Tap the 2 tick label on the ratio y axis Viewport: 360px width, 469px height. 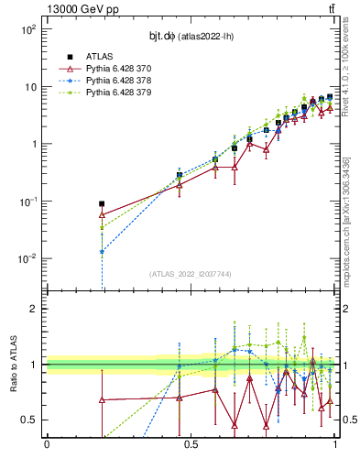[x=34, y=309]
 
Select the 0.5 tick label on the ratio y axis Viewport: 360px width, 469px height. [x=29, y=420]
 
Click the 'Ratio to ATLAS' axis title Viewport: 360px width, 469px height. [x=12, y=365]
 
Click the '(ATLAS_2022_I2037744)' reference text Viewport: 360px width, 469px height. [x=191, y=274]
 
